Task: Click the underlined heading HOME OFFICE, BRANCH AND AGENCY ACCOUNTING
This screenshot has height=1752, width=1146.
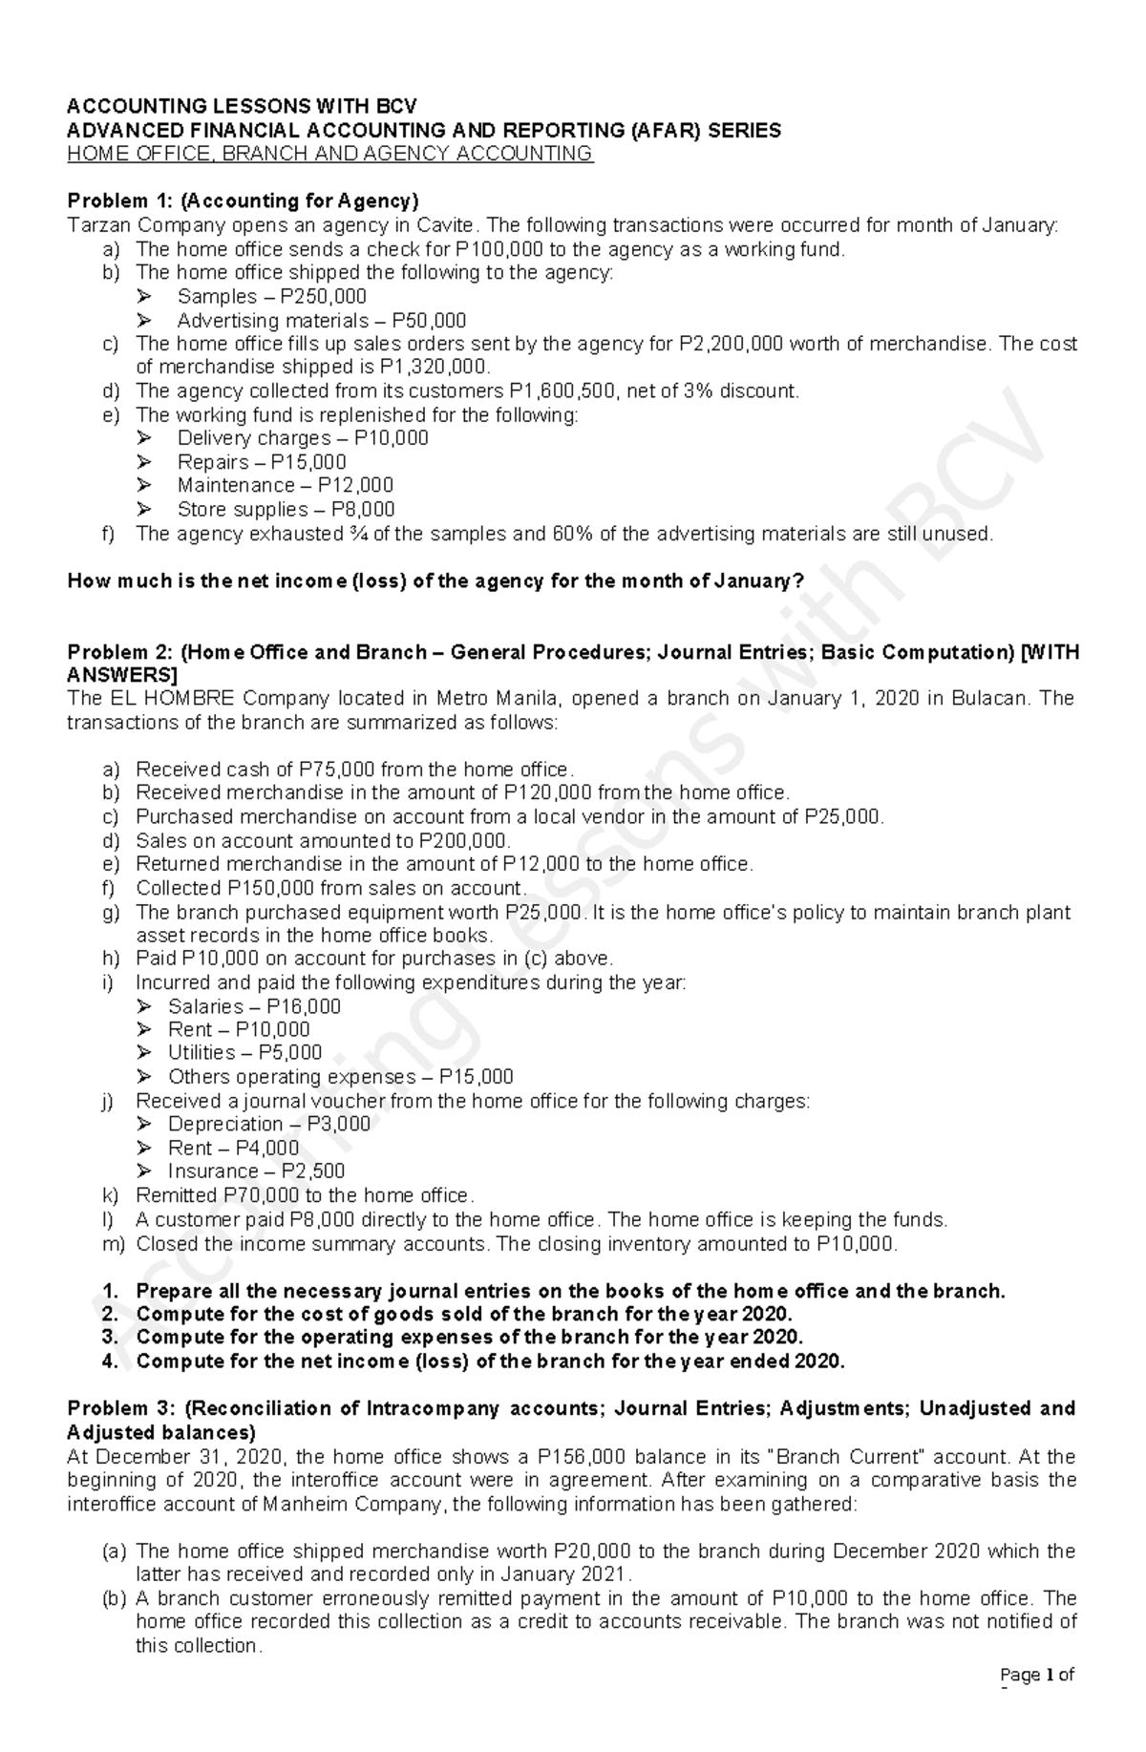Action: (329, 154)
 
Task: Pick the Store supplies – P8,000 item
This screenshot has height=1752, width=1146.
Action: (285, 509)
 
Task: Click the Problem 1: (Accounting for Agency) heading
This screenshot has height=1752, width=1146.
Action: (243, 201)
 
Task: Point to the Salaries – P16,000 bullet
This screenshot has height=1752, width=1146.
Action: (253, 1005)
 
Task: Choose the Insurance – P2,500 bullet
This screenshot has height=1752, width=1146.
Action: (256, 1171)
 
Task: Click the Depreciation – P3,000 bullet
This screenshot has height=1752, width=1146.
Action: (268, 1124)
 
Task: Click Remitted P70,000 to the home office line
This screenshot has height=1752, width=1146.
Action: (304, 1194)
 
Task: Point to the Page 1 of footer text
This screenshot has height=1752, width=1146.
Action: (1036, 1700)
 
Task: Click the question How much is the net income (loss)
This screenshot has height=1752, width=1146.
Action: (435, 580)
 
